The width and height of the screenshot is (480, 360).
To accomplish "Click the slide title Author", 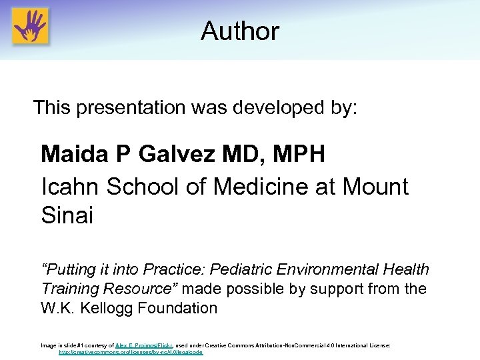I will pyautogui.click(x=240, y=31).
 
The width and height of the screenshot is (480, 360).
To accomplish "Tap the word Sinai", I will pyautogui.click(x=67, y=216).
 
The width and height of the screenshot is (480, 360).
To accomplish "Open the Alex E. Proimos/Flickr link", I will pyautogui.click(x=144, y=346).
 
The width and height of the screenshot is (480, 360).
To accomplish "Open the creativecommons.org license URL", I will pyautogui.click(x=131, y=352).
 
